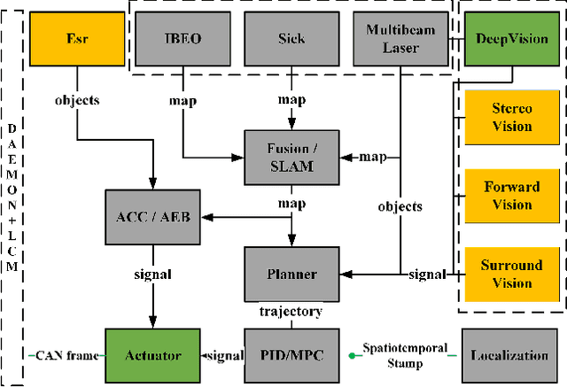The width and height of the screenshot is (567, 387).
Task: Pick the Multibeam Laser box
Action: coord(400,39)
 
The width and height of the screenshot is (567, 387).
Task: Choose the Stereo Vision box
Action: coord(512,118)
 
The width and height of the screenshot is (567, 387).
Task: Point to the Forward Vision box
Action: coord(512,196)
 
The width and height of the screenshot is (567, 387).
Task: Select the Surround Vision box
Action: coord(512,274)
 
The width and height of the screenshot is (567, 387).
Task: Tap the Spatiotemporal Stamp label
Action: coord(405,354)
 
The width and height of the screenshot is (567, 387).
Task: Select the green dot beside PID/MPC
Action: coord(352,356)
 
